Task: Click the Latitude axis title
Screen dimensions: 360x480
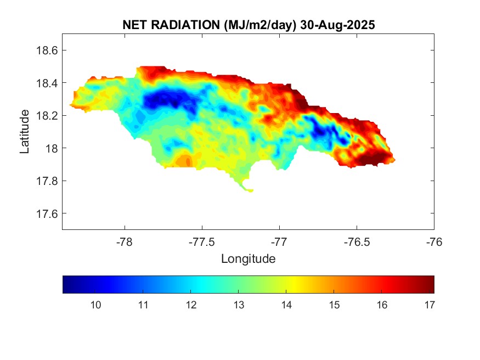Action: coord(25,131)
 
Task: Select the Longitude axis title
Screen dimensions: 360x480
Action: coord(248,258)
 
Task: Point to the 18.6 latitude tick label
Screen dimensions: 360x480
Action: coord(47,50)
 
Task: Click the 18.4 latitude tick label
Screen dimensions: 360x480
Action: coord(47,83)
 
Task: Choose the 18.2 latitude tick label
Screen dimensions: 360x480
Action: coord(47,116)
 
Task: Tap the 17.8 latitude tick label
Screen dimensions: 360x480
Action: coord(47,181)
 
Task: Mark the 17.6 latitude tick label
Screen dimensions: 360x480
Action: coord(47,213)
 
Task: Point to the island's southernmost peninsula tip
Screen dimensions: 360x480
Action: coord(251,191)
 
